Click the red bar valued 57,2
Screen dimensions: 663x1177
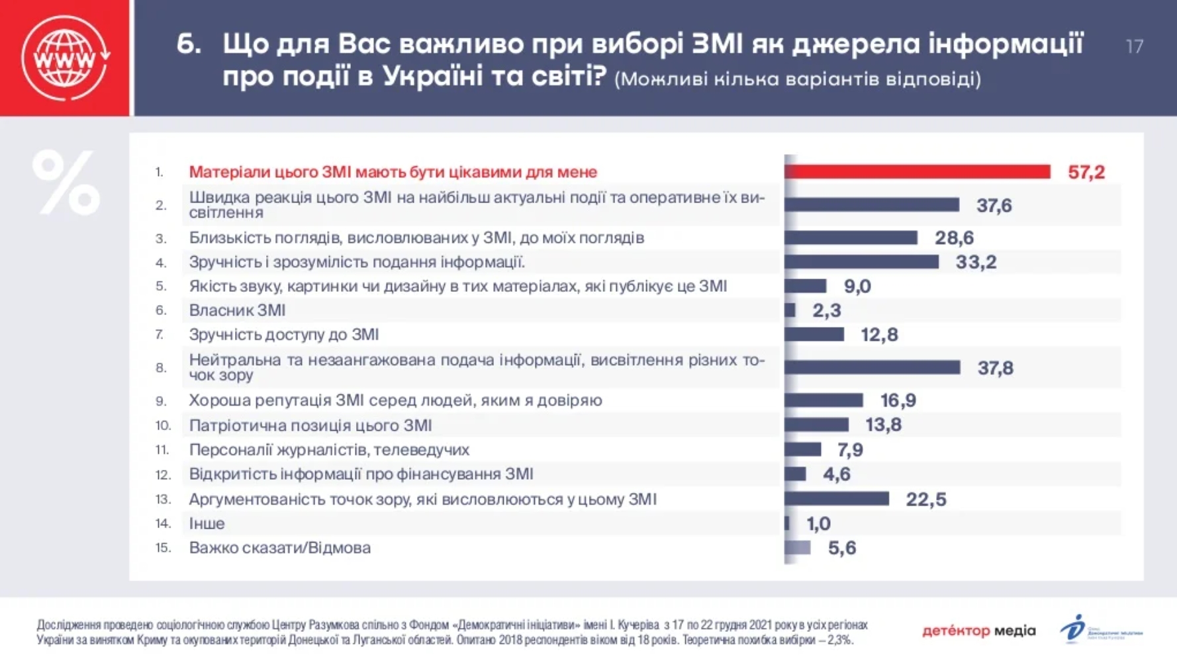click(917, 172)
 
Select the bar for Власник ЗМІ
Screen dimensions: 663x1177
click(790, 310)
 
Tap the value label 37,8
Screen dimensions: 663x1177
click(995, 368)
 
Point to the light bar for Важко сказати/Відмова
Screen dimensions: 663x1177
click(798, 548)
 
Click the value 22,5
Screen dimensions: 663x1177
click(925, 500)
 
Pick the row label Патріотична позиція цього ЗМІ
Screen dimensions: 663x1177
click(310, 425)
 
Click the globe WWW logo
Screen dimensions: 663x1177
click(65, 58)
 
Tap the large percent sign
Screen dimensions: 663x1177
click(66, 183)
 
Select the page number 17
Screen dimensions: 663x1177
click(1134, 46)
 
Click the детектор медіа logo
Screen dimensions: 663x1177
click(978, 631)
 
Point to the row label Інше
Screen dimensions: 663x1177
click(207, 523)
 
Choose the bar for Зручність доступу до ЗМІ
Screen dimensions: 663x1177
click(814, 335)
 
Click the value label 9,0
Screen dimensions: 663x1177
click(857, 287)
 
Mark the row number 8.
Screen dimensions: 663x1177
click(161, 368)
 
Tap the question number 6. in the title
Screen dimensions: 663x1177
click(189, 44)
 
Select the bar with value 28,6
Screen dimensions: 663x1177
click(851, 238)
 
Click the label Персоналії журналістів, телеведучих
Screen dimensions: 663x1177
click(329, 450)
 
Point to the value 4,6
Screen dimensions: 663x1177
click(836, 474)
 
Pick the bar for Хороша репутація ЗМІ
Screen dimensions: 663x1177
click(824, 400)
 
